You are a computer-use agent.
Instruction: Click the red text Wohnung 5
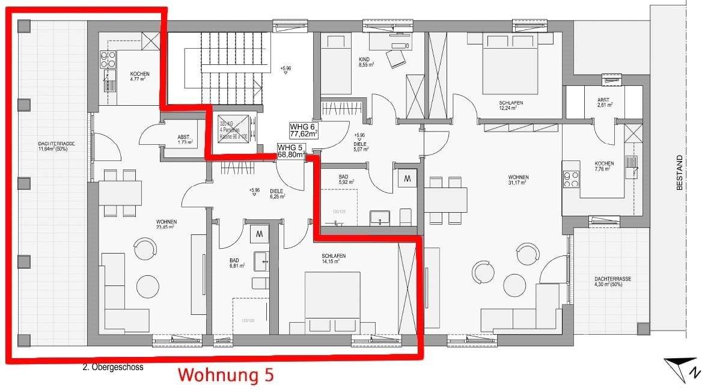(227, 375)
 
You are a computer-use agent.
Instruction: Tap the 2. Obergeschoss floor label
(113, 367)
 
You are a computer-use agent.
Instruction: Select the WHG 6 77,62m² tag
(304, 130)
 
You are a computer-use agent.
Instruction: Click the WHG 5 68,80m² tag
(291, 151)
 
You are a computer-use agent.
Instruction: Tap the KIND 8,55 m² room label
(365, 61)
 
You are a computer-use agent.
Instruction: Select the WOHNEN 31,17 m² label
(517, 180)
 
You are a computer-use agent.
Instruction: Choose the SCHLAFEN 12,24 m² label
(510, 106)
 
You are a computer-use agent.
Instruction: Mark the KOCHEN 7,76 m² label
(604, 166)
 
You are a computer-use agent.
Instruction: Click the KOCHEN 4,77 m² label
(139, 76)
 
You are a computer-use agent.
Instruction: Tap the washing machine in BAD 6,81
(259, 233)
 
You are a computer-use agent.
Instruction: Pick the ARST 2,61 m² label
(605, 103)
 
